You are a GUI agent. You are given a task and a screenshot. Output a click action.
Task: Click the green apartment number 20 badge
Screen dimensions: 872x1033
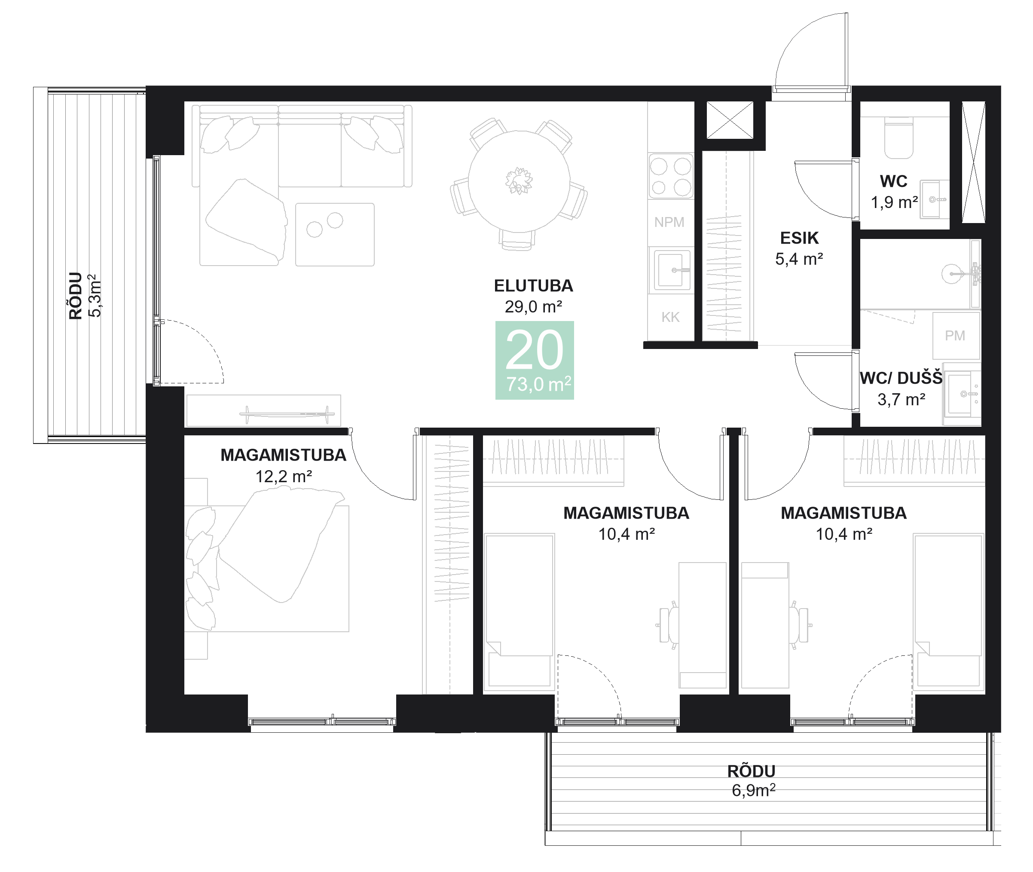click(534, 360)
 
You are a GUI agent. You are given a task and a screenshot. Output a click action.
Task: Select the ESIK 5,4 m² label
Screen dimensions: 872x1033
click(799, 248)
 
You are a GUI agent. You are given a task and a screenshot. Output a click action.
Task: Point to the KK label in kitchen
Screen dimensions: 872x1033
click(670, 317)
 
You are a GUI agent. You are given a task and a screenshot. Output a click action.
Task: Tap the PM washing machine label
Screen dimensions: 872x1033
click(954, 336)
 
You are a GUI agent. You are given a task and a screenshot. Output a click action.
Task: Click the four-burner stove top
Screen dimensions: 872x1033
click(670, 177)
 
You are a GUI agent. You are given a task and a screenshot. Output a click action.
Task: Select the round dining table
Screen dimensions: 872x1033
click(519, 181)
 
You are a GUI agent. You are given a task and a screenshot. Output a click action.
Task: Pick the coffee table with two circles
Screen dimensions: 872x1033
click(335, 234)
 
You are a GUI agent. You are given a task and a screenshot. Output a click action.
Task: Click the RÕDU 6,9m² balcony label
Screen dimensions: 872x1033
click(752, 780)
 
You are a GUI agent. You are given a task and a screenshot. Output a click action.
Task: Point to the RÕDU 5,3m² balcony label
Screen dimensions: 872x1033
click(85, 296)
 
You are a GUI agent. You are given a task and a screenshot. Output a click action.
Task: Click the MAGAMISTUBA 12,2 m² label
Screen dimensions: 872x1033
click(283, 465)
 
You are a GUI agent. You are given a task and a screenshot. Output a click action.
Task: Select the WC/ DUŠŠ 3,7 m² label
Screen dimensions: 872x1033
click(901, 389)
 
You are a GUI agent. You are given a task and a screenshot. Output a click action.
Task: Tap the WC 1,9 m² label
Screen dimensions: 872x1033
click(894, 192)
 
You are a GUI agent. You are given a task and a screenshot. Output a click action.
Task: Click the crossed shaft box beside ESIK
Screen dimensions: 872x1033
click(730, 120)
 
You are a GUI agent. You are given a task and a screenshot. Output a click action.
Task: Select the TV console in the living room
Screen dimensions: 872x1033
click(263, 411)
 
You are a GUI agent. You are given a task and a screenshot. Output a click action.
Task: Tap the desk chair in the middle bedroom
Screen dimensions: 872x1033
click(668, 625)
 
